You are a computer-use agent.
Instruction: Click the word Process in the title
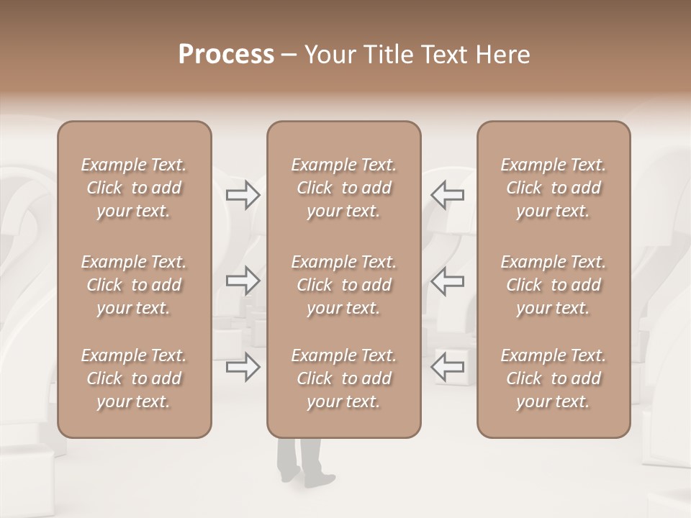click(x=226, y=55)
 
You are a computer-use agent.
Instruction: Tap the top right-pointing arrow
click(x=243, y=195)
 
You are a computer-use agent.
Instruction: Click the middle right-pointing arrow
click(x=243, y=281)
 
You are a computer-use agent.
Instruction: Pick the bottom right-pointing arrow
click(x=243, y=367)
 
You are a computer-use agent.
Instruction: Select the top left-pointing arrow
click(x=447, y=195)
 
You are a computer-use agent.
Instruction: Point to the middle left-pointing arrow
click(x=447, y=281)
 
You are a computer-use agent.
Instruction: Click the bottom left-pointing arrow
click(x=447, y=367)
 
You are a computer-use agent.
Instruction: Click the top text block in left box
click(x=134, y=188)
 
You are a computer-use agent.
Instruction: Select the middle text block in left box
click(x=134, y=285)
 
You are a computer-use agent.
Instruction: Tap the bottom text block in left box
click(x=134, y=378)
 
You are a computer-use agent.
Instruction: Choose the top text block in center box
click(x=343, y=188)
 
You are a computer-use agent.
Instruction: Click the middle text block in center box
click(x=343, y=285)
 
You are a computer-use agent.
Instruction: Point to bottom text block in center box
click(x=343, y=378)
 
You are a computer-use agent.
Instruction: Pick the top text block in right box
click(x=553, y=188)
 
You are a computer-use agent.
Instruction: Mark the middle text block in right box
click(x=553, y=285)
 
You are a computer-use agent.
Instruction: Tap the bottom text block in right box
click(x=553, y=378)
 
